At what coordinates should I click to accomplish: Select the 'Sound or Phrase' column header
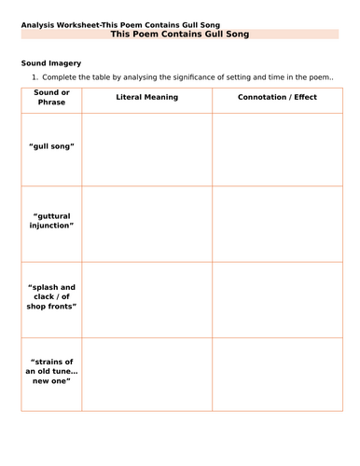51,97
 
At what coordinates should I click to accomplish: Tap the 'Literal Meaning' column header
146,97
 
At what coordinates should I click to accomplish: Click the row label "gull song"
51,147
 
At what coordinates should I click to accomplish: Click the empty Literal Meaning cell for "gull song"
146,147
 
